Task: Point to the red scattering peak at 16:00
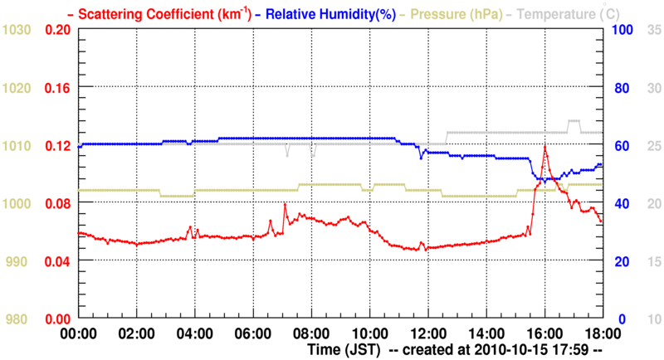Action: (544, 147)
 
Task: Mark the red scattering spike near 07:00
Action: (285, 204)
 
